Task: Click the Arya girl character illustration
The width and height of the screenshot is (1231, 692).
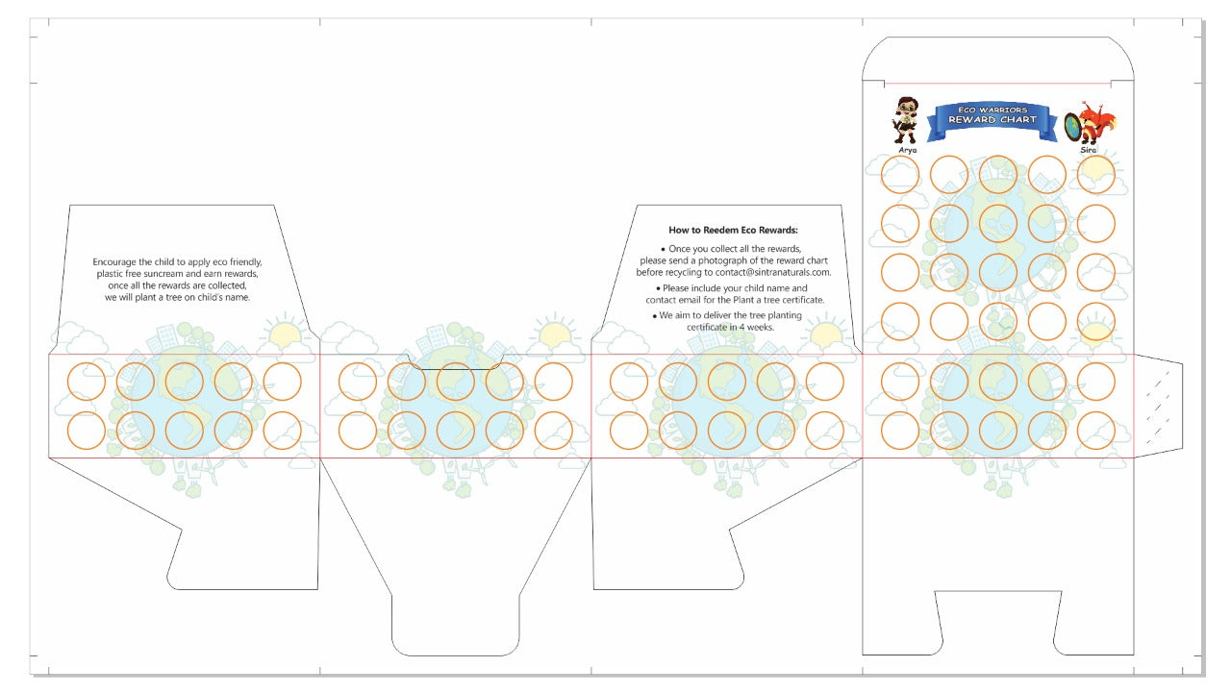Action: pos(905,120)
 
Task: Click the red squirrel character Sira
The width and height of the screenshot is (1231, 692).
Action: pos(1096,122)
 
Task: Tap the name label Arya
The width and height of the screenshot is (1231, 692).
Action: pos(907,150)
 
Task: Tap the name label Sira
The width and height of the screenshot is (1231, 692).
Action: pos(1088,150)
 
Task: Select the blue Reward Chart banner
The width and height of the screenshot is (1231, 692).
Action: pos(992,121)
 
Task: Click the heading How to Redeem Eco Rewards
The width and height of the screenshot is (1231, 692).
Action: pos(733,230)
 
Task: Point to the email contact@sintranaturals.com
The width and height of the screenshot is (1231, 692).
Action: pos(772,272)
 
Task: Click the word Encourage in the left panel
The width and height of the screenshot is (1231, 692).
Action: pos(114,262)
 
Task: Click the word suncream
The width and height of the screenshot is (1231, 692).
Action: pos(163,274)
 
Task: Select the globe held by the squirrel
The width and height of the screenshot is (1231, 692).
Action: pos(1072,126)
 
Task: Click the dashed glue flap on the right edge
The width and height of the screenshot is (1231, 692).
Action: pos(1159,406)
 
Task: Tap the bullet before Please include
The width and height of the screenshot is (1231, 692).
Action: pos(658,289)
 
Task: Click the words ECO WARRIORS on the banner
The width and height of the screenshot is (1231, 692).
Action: pos(992,110)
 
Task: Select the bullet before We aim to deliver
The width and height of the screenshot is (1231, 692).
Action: pos(655,316)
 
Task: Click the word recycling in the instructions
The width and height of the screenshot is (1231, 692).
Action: pos(681,272)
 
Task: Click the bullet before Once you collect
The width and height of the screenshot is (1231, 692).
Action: pos(664,250)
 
